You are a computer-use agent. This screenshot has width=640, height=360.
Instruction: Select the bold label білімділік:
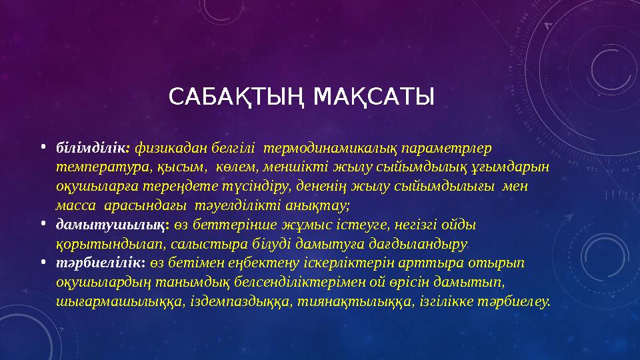point(93,148)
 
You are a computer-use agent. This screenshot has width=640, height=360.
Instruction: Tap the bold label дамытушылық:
point(113,225)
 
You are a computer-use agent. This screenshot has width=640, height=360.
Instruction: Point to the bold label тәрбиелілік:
point(101,263)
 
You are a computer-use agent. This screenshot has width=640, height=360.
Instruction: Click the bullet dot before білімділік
point(43,147)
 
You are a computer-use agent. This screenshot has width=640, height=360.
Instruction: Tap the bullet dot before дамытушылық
point(43,223)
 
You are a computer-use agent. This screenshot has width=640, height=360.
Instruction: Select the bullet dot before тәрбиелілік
point(43,261)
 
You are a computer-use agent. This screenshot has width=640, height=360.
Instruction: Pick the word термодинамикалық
point(330,149)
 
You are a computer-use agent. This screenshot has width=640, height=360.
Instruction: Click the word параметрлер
point(447,149)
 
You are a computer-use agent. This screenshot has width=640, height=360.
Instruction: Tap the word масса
point(76,206)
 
